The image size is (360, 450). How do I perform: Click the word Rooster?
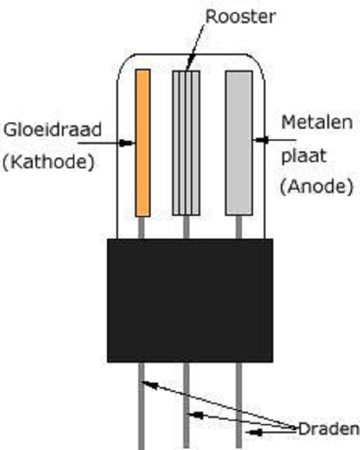tap(240, 16)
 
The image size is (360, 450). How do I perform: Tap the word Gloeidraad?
tap(53, 130)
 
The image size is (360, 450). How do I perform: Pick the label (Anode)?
tap(316, 187)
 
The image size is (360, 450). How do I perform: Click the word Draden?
tap(327, 429)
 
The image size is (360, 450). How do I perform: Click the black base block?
tap(190, 300)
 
